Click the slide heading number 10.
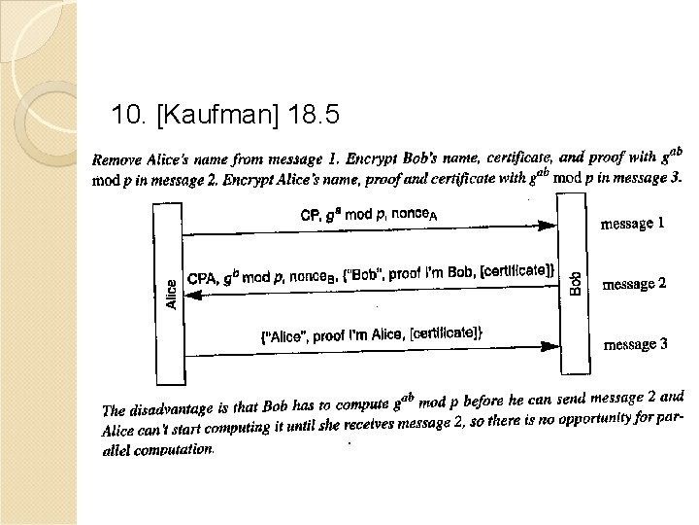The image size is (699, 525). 130,118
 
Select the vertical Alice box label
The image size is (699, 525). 171,293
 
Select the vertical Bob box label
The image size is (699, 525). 575,281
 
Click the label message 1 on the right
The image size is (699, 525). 634,224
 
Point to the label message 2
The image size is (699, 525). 634,284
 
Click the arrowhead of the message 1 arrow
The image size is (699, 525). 552,227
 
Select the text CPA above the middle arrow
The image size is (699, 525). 202,278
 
